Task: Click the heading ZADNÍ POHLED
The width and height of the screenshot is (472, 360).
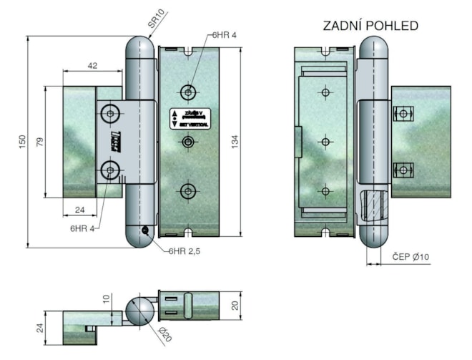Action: pyautogui.click(x=370, y=26)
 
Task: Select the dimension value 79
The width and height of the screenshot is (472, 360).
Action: pyautogui.click(x=40, y=142)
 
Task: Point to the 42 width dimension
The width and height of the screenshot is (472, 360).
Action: pyautogui.click(x=92, y=65)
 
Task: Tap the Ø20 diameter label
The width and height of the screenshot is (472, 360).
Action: pyautogui.click(x=163, y=334)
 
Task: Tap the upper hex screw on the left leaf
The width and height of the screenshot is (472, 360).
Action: pyautogui.click(x=110, y=112)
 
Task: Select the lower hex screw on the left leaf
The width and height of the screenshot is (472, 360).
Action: pyautogui.click(x=110, y=170)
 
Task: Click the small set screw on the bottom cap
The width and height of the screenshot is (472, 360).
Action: pyautogui.click(x=145, y=230)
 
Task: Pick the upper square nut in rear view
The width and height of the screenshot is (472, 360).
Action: pyautogui.click(x=402, y=113)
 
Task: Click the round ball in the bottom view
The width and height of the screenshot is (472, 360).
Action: pyautogui.click(x=141, y=312)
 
